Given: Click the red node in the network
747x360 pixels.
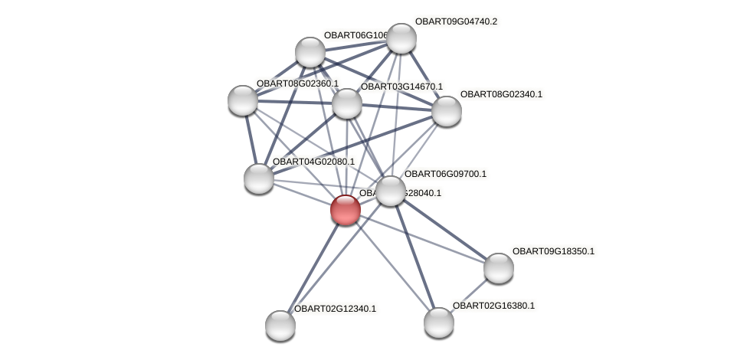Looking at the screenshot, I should tap(346, 209).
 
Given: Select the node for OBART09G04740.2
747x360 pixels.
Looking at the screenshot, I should tap(401, 38).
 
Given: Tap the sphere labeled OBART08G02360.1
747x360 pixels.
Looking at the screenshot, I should tap(243, 100).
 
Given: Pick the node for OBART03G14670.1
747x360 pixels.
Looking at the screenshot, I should tap(346, 103).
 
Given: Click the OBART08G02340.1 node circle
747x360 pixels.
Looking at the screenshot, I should tap(447, 111).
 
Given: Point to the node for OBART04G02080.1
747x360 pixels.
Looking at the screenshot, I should tap(259, 178).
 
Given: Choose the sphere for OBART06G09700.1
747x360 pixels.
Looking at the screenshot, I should tap(390, 191).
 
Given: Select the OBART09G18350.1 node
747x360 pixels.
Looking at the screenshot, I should tap(499, 268).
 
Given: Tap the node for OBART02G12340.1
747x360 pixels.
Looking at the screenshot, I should tap(280, 326).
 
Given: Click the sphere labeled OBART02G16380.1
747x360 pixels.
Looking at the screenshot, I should tap(439, 322).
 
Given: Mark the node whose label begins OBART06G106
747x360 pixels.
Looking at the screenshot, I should tap(310, 52).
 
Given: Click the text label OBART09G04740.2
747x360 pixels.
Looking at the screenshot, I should tap(456, 21).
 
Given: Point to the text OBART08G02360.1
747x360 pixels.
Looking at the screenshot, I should tap(297, 83).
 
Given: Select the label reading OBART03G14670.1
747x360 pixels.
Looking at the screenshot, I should tap(401, 87).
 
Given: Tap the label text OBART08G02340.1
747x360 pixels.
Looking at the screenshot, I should tap(501, 94).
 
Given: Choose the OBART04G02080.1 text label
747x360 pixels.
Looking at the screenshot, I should tap(313, 162).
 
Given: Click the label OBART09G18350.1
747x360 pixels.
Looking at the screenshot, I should tap(553, 251).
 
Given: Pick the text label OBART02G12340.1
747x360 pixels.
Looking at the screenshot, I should tap(335, 309).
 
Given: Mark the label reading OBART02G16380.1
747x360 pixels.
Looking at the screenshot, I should tap(493, 306).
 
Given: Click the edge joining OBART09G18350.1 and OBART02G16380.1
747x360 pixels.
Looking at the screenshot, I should tap(469, 295).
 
